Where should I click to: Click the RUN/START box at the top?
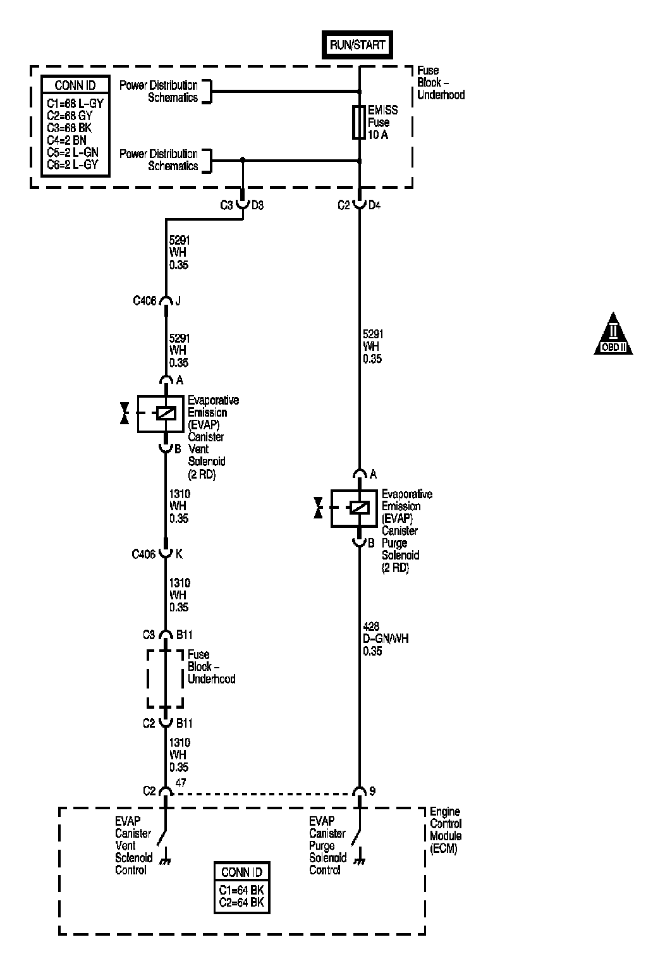click(357, 45)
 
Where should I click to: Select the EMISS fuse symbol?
click(359, 122)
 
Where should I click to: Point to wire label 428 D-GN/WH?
click(386, 639)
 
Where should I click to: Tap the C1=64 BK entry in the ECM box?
click(241, 890)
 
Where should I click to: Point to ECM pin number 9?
click(372, 791)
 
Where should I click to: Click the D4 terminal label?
click(374, 205)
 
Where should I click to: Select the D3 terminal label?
click(257, 205)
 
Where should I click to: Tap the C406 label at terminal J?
click(144, 301)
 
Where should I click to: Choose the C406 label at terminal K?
click(143, 554)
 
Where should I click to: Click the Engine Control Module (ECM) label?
click(446, 829)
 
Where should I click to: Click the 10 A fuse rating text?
click(377, 135)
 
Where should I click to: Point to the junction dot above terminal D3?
click(243, 161)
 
